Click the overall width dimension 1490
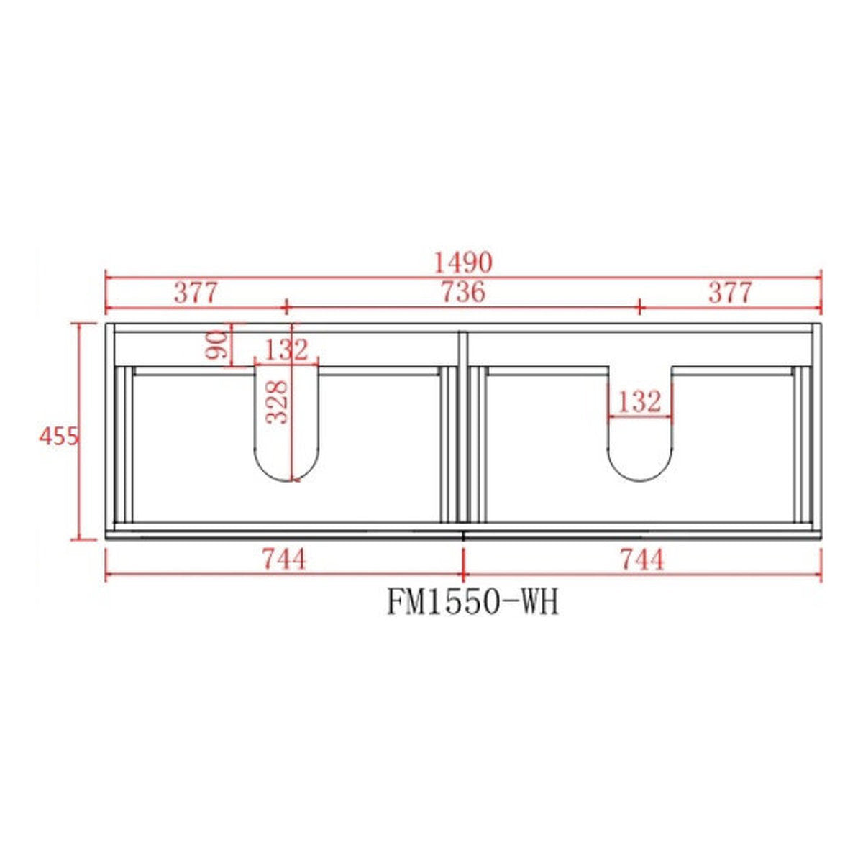463,263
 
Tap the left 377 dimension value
196,293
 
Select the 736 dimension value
463,293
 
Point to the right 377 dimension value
729,293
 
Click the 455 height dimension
59,437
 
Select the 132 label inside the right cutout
639,402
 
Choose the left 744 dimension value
284,560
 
